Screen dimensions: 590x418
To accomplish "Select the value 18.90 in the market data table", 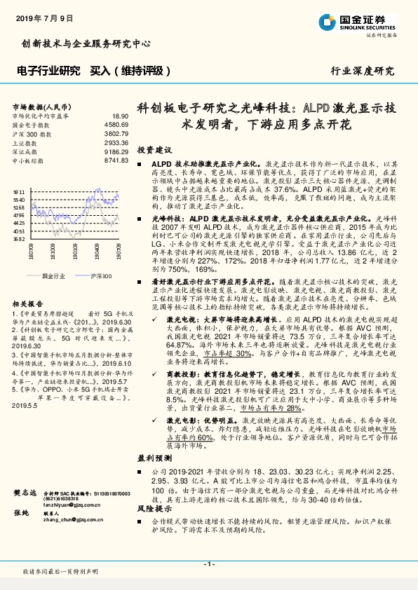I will (x=121, y=116).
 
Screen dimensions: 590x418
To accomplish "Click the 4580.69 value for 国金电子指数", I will (x=116, y=125).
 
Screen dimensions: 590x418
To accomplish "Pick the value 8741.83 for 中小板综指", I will (x=116, y=161).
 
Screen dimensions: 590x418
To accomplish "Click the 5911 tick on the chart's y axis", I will (x=19, y=191).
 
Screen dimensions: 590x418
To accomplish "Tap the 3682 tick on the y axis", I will (x=19, y=239).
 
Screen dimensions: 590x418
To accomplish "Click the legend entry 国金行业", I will (x=54, y=276).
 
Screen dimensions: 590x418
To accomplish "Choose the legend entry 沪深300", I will (x=100, y=276).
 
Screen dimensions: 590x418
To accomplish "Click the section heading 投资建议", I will (x=154, y=150).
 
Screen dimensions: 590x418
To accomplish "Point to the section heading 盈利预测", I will (x=154, y=457).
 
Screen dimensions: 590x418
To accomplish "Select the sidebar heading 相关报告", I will (x=27, y=303).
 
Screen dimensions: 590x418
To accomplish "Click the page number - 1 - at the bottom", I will (x=208, y=564).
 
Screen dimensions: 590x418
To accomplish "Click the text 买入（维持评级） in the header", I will (x=131, y=71).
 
